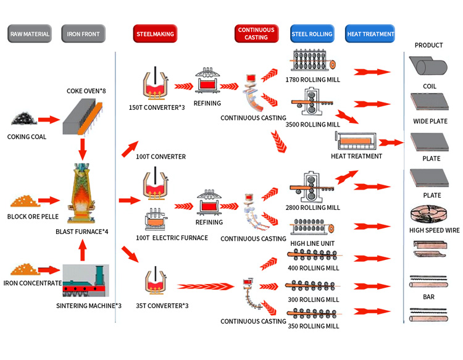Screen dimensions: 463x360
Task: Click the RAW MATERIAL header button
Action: pos(30,34)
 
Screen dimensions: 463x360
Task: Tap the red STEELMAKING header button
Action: pos(155,34)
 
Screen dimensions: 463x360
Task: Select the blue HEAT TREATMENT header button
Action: pos(370,34)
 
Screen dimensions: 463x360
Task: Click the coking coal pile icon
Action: pos(24,119)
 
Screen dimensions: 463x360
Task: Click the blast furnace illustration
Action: pos(81,193)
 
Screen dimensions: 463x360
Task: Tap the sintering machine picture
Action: pos(86,280)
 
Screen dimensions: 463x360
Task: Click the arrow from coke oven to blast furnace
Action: pos(82,149)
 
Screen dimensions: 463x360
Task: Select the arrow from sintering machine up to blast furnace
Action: pos(83,250)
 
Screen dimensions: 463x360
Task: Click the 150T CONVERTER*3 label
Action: pos(157,107)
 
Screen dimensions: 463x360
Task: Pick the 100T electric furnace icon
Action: pos(156,219)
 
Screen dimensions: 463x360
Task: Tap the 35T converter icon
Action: pos(156,281)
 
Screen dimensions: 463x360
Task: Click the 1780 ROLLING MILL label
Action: pos(313,80)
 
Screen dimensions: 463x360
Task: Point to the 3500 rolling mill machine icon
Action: pos(312,101)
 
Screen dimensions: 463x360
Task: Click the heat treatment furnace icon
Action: pos(356,141)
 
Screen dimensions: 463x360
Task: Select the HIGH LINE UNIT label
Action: pos(312,243)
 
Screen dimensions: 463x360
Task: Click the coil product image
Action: pos(428,65)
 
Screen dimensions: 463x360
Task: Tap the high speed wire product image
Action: pos(428,214)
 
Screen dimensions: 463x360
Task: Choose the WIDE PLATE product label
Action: pos(430,121)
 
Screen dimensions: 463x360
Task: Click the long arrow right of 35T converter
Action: pos(206,286)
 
